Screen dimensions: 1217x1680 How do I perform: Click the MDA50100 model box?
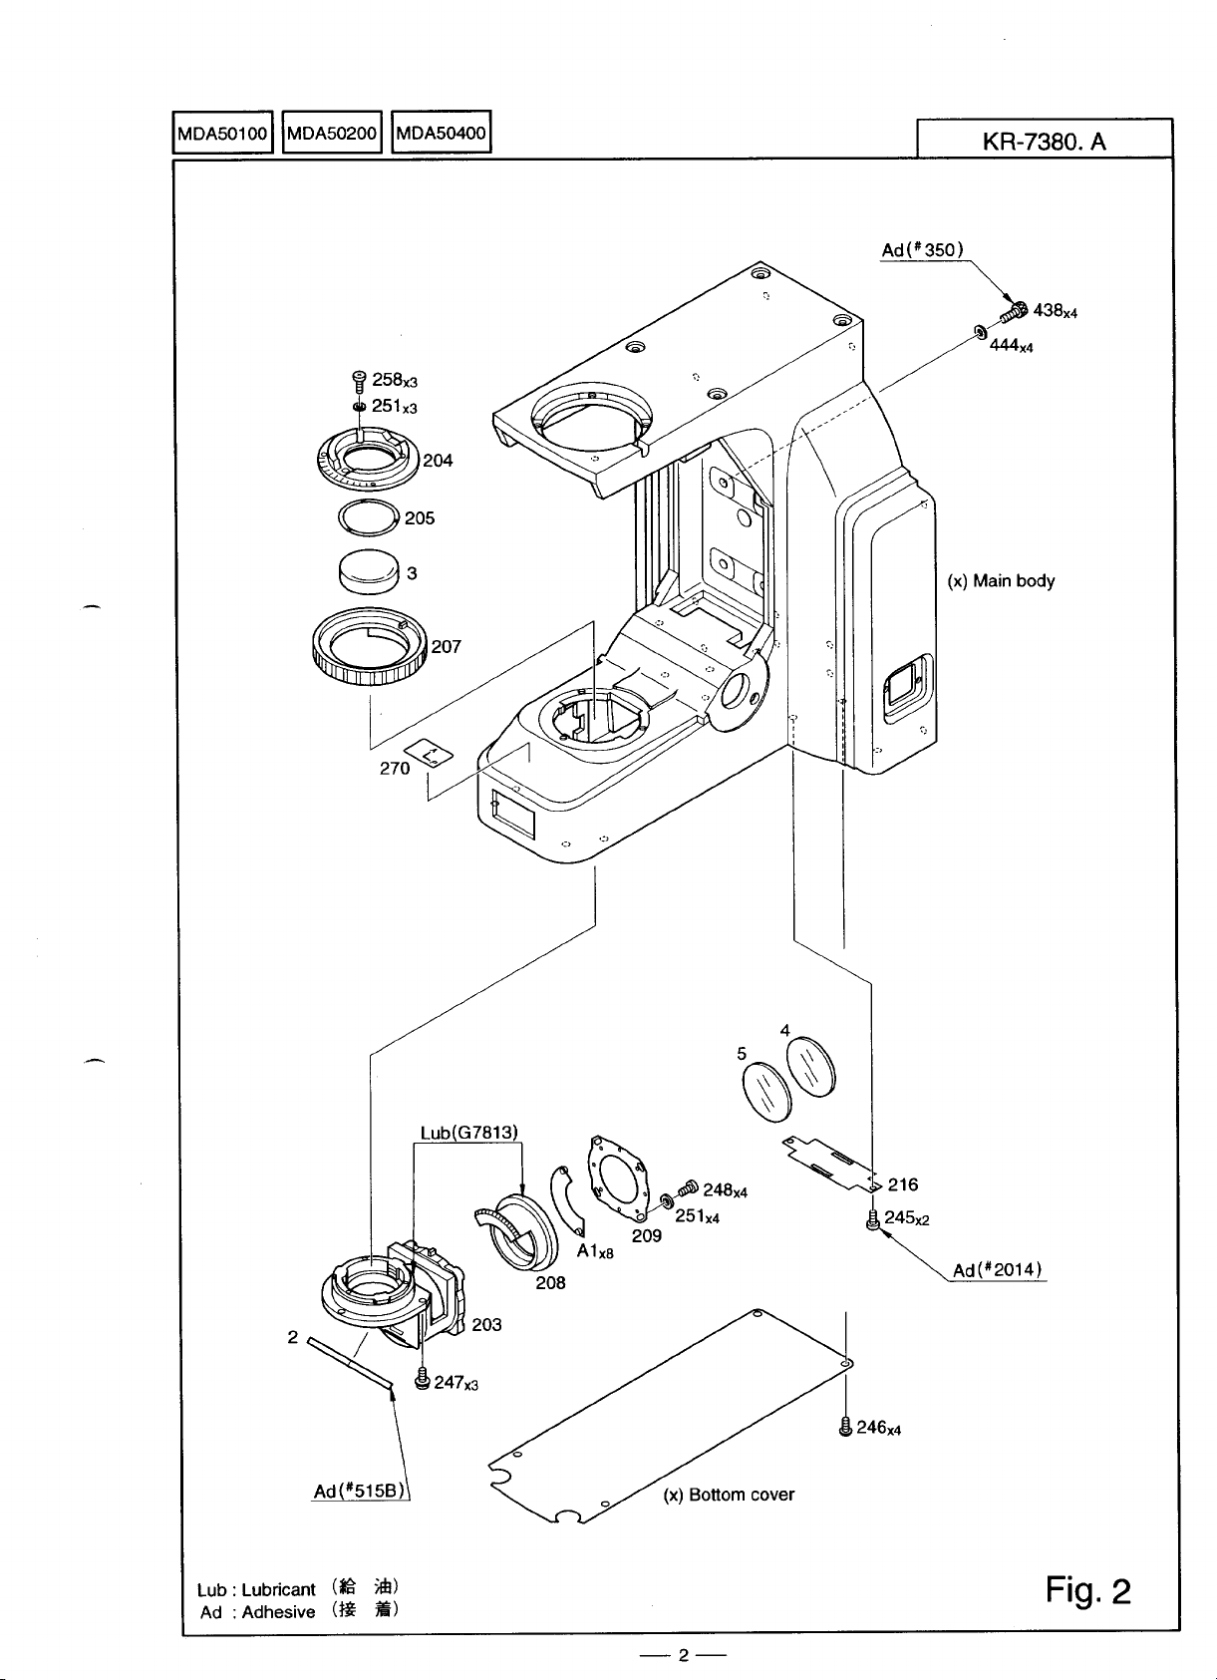click(x=222, y=133)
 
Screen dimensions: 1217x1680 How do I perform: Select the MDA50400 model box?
click(x=441, y=132)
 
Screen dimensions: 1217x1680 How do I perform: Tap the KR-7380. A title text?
click(x=1044, y=142)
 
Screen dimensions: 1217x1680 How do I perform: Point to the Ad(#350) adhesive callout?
click(x=922, y=249)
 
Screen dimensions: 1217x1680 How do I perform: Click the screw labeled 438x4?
click(x=1014, y=310)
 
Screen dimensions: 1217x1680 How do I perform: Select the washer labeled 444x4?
click(x=980, y=331)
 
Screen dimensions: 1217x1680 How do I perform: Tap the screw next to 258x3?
click(x=359, y=381)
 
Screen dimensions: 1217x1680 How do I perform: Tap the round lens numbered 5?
click(x=766, y=1091)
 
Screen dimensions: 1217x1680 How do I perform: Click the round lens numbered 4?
click(x=810, y=1067)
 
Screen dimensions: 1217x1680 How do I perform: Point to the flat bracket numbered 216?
click(x=829, y=1162)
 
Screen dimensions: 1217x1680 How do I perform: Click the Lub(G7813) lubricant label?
click(x=468, y=1133)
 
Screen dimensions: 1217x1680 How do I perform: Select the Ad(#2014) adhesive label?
click(x=998, y=1270)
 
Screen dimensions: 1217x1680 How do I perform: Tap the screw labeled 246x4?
click(x=845, y=1427)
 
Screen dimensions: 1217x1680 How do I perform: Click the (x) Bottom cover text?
click(x=728, y=1494)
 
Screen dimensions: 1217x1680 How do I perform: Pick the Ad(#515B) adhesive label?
click(x=359, y=1491)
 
